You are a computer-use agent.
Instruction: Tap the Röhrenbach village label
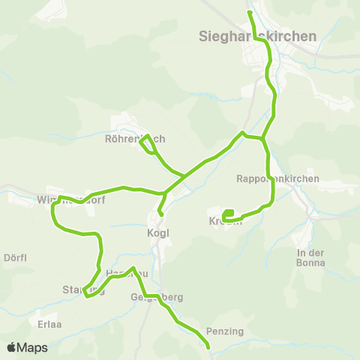(134, 139)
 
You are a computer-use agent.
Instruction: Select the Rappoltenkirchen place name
(277, 179)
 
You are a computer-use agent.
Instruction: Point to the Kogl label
(158, 232)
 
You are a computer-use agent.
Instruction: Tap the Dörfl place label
(15, 257)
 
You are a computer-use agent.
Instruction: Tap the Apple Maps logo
(26, 347)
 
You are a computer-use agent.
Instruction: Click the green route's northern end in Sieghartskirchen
(250, 13)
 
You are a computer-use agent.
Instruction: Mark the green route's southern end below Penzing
(208, 347)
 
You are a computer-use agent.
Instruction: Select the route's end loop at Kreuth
(228, 213)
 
